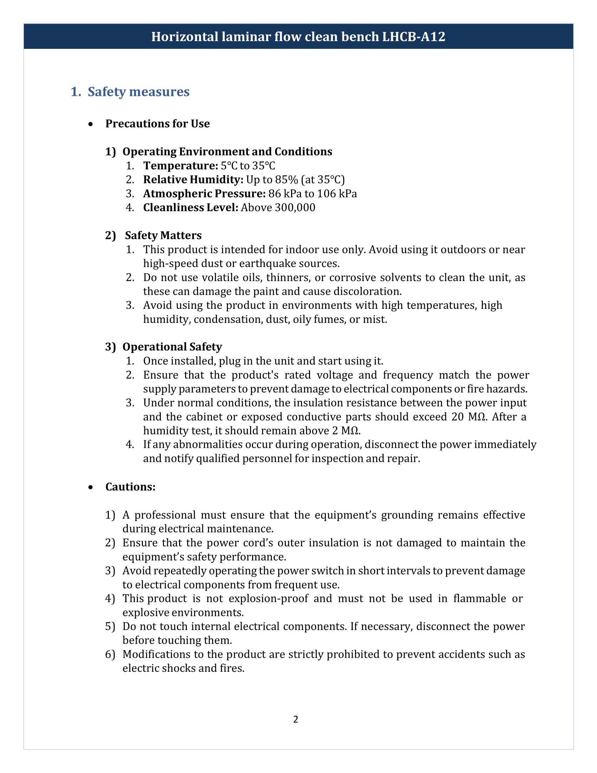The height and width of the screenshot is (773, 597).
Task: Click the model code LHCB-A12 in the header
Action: [x=413, y=37]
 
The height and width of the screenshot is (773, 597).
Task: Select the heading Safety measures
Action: [x=138, y=92]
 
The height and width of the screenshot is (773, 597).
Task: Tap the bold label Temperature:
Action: [x=181, y=165]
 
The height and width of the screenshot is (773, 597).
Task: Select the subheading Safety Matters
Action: [x=163, y=235]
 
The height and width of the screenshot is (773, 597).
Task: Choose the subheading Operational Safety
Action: [x=172, y=347]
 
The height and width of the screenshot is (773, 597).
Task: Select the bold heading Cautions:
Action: [x=131, y=487]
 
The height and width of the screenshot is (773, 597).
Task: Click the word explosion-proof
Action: [x=268, y=598]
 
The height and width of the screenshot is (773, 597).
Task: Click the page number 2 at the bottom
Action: [x=296, y=719]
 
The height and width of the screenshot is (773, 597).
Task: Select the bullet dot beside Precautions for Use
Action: [x=91, y=124]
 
